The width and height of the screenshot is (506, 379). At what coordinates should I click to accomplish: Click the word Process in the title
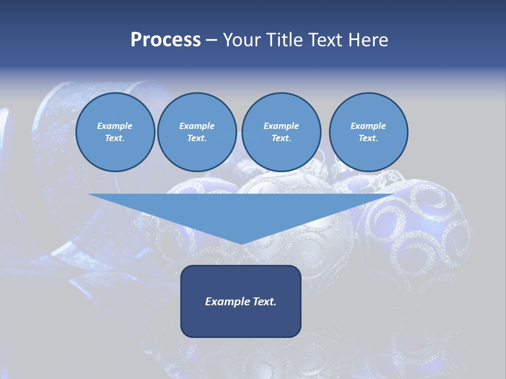pyautogui.click(x=166, y=40)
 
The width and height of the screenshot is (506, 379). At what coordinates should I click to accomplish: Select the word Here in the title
pyautogui.click(x=369, y=40)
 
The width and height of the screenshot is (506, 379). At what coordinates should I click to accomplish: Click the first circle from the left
pyautogui.click(x=115, y=132)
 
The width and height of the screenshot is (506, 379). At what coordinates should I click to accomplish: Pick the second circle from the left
pyautogui.click(x=197, y=132)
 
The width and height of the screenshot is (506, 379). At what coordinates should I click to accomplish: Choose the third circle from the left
pyautogui.click(x=281, y=132)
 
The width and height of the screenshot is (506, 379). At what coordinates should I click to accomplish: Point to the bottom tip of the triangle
pyautogui.click(x=241, y=244)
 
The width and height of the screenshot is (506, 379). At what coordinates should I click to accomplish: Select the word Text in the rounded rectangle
pyautogui.click(x=264, y=302)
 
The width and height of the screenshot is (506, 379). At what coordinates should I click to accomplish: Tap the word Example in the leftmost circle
pyautogui.click(x=115, y=126)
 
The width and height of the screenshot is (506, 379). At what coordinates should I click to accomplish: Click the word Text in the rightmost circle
pyautogui.click(x=368, y=138)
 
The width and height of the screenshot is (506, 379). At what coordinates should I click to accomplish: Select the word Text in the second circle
pyautogui.click(x=197, y=138)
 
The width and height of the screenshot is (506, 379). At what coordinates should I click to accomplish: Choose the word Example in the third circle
pyautogui.click(x=281, y=126)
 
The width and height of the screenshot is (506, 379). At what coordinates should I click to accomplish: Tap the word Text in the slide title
pyautogui.click(x=326, y=40)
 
